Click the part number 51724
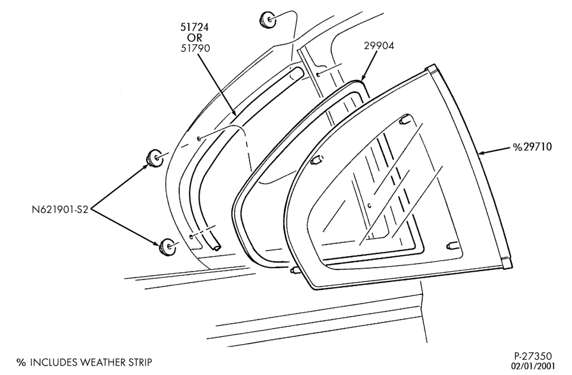tap(195, 27)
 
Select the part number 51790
tap(195, 48)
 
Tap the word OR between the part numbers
tap(195, 38)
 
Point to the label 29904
tap(379, 46)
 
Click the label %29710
tap(532, 147)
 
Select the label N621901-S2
tap(60, 210)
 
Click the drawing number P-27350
tap(533, 356)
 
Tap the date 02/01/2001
tap(533, 365)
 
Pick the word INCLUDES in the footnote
tap(53, 362)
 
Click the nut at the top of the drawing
tap(268, 19)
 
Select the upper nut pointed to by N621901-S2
tap(155, 158)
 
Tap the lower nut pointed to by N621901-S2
tap(167, 247)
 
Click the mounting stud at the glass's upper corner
tap(404, 119)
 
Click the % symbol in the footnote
tap(22, 362)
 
